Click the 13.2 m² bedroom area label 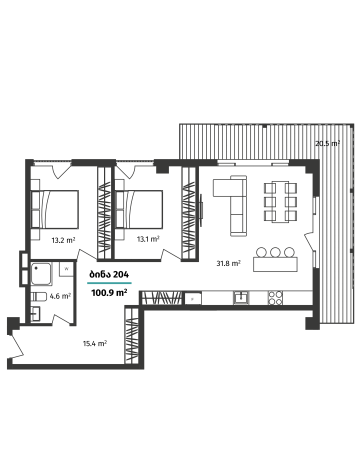[63, 240]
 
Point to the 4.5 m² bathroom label [60, 296]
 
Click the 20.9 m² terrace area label [326, 144]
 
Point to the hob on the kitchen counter [244, 297]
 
